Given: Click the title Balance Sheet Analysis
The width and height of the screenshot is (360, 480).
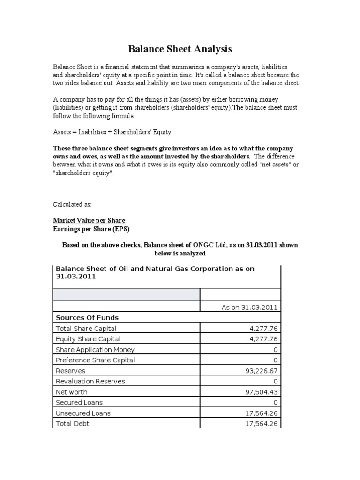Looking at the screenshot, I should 180,49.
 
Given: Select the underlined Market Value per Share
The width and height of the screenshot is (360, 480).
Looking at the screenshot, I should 89,220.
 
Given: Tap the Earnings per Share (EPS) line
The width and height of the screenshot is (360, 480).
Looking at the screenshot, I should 91,229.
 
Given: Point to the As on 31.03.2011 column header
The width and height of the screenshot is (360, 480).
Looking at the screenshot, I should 249,307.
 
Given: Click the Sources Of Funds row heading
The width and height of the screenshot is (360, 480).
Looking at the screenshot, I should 87,318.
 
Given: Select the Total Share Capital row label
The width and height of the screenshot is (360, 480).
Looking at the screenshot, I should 86,329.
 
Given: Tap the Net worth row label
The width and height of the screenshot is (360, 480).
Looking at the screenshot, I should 71,392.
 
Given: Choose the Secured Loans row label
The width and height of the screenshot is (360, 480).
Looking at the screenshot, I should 79,403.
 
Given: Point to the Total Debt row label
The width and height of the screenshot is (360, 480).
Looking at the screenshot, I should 72,424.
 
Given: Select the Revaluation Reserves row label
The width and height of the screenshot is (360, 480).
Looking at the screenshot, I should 90,382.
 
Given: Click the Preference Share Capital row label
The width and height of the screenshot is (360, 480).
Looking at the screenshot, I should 95,360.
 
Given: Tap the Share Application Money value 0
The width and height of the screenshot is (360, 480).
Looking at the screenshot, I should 276,350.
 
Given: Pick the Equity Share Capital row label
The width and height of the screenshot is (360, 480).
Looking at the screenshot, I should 88,339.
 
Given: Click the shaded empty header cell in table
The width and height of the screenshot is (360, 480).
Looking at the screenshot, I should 127,294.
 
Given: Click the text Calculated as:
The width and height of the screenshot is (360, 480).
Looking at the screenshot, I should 72,205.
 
